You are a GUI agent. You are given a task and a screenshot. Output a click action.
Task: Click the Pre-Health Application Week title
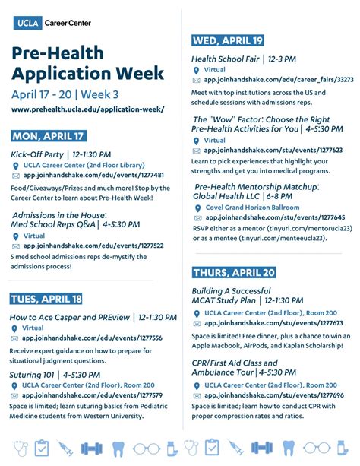[x=87, y=64]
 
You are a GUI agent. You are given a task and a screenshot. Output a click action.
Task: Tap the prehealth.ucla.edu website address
[x=87, y=110]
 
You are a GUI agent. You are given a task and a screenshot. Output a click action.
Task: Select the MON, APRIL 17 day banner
[x=49, y=136]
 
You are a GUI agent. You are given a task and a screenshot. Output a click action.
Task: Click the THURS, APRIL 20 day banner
[x=234, y=272]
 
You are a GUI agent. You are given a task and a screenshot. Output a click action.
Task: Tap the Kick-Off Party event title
[x=36, y=154]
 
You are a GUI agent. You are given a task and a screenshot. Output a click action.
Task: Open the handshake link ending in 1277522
[x=93, y=246]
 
